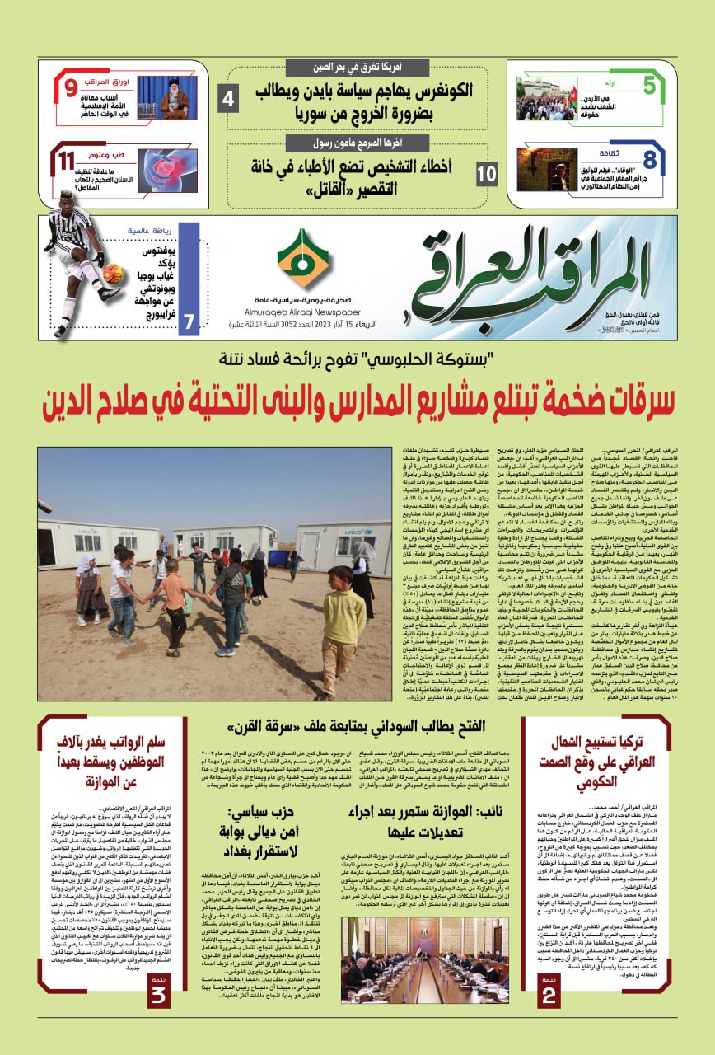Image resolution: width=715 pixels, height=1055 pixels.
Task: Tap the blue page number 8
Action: (x=649, y=159)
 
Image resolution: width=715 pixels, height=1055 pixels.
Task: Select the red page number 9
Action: (x=71, y=87)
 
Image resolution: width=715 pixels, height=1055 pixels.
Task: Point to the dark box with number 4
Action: (x=228, y=99)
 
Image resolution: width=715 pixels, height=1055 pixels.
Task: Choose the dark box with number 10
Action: (x=487, y=174)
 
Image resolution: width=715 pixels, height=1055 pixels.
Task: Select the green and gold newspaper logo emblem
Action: (x=302, y=260)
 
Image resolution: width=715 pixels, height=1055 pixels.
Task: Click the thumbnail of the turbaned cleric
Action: (x=167, y=98)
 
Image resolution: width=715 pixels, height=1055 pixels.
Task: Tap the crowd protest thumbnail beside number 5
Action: (x=547, y=99)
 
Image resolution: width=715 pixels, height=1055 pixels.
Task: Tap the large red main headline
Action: (x=357, y=406)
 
